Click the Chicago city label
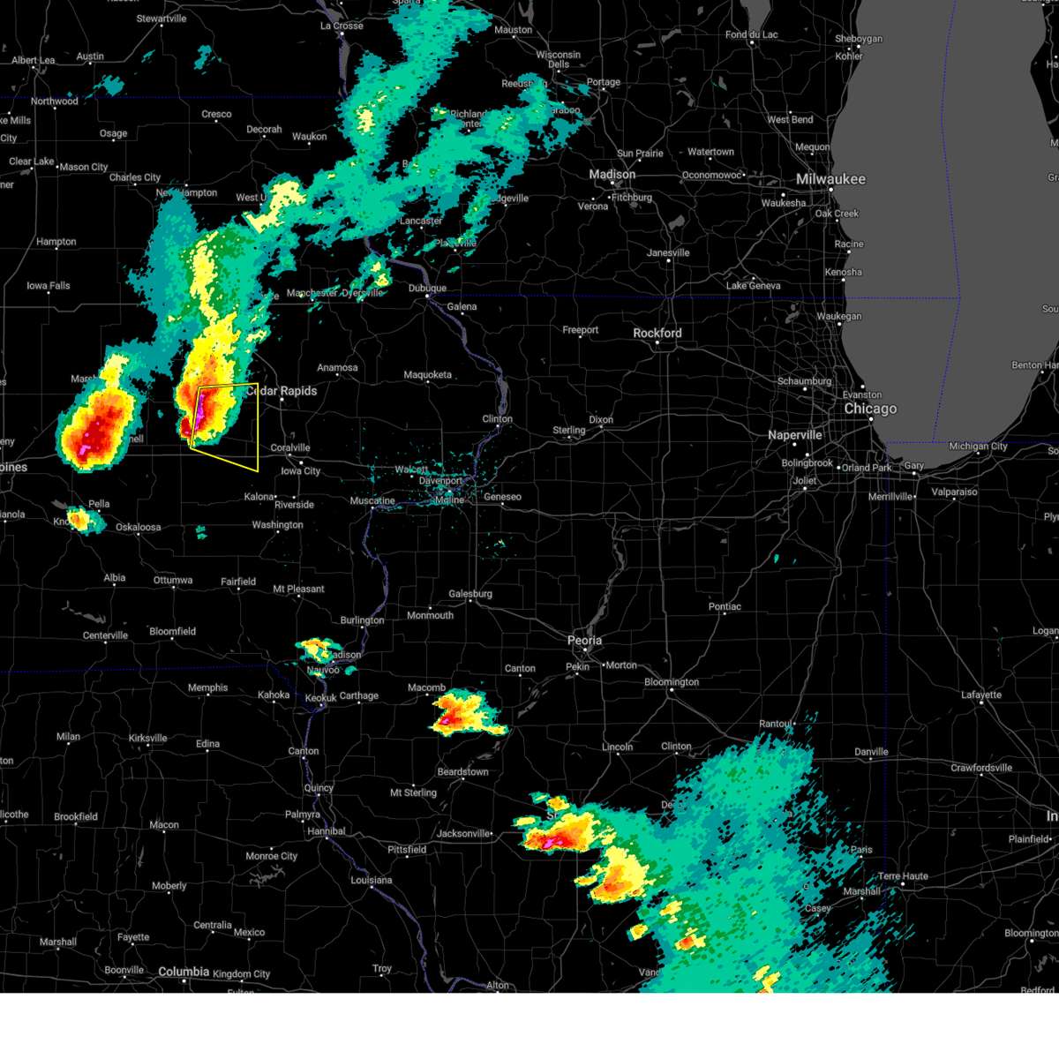(870, 409)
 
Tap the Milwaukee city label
(830, 179)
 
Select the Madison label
(612, 175)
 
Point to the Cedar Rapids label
(282, 391)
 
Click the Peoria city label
(584, 641)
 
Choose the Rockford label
(657, 334)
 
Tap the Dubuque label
(428, 289)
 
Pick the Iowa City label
(301, 471)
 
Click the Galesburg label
(470, 594)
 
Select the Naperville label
(795, 435)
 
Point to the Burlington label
(362, 620)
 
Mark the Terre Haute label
(903, 876)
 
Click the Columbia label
(184, 972)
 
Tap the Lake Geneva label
(753, 286)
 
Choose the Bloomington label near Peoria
(672, 682)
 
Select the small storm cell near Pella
(81, 520)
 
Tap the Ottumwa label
(173, 581)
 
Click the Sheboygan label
(859, 40)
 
